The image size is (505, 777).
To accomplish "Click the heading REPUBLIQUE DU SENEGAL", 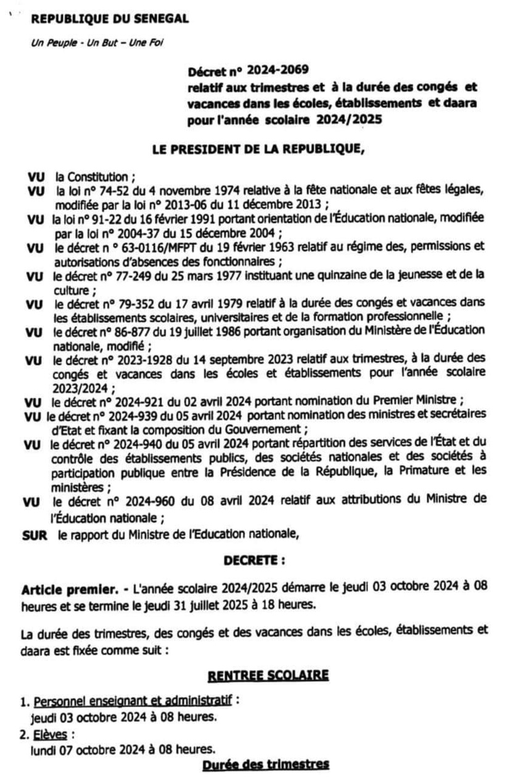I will (x=110, y=19).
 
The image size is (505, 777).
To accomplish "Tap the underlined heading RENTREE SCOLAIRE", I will (x=268, y=675).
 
